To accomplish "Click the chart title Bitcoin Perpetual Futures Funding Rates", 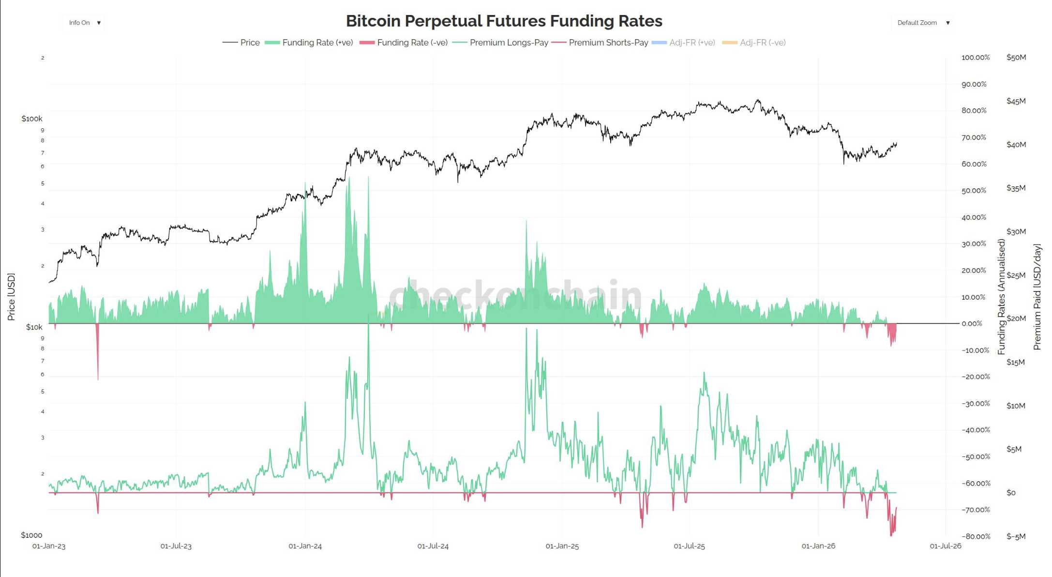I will click(504, 21).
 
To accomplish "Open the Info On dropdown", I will click(84, 23).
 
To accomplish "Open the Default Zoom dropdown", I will click(922, 23).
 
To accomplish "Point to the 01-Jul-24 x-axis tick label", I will click(433, 546).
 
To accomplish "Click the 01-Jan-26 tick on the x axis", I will click(818, 546).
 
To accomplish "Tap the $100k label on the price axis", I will click(32, 119).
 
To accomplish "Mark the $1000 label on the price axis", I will click(31, 535).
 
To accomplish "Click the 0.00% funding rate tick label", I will click(972, 323).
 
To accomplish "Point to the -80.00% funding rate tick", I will click(976, 536).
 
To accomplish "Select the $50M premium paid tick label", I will click(1016, 57).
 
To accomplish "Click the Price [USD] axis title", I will click(11, 297).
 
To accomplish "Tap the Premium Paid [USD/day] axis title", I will click(1037, 297).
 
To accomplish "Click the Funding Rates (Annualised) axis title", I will click(1001, 297).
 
